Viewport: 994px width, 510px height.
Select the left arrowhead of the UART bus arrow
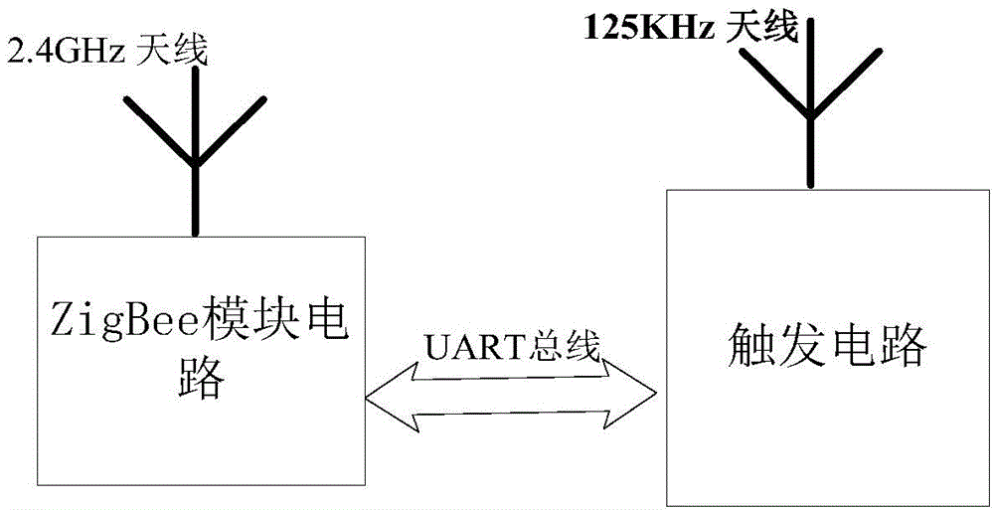coord(383,397)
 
